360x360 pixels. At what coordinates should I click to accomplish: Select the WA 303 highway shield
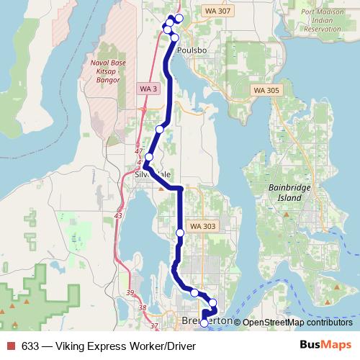click(x=202, y=226)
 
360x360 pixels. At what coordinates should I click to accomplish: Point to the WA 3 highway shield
click(x=145, y=88)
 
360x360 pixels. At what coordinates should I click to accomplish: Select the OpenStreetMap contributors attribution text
click(x=294, y=323)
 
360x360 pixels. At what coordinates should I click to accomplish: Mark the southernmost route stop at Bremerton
click(x=204, y=323)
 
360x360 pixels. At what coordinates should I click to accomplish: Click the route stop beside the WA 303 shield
click(x=180, y=233)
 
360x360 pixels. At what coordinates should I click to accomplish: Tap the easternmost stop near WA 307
click(x=179, y=18)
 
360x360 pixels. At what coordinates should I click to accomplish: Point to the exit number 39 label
click(x=130, y=292)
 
